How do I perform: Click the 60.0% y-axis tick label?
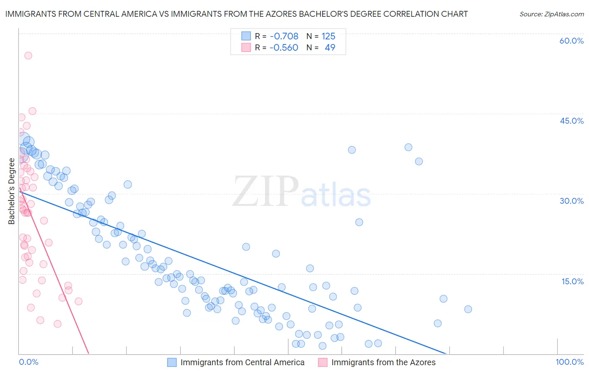click(571, 41)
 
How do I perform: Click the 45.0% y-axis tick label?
click(571, 121)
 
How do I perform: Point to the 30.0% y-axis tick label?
click(571, 201)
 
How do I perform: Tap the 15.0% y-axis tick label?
click(572, 281)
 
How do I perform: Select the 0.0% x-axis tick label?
click(28, 362)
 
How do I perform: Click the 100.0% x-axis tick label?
click(569, 362)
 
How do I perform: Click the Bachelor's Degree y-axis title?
click(12, 191)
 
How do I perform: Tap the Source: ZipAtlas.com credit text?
click(551, 14)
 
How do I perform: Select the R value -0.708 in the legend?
click(284, 36)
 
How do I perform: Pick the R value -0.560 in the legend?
click(284, 47)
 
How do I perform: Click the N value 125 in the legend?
click(328, 36)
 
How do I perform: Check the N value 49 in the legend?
click(330, 47)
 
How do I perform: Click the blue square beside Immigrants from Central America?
click(172, 362)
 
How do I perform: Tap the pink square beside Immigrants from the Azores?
click(323, 362)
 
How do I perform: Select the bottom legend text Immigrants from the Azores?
click(383, 362)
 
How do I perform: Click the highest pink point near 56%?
click(28, 55)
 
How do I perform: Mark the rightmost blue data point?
click(468, 309)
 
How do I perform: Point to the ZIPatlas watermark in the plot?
click(302, 192)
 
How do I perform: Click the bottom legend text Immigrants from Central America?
click(242, 362)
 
